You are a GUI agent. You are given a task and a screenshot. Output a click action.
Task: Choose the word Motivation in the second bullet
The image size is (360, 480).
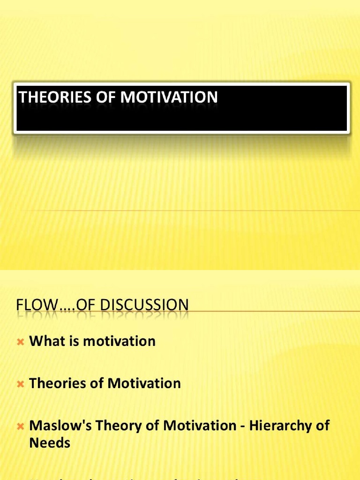(x=144, y=383)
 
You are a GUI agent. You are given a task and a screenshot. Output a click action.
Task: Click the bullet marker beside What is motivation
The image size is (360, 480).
(x=20, y=342)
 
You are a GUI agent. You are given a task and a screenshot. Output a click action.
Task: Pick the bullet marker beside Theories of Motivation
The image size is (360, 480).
(x=20, y=384)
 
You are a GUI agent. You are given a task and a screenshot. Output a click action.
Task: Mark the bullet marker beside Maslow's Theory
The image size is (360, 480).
(x=20, y=427)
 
